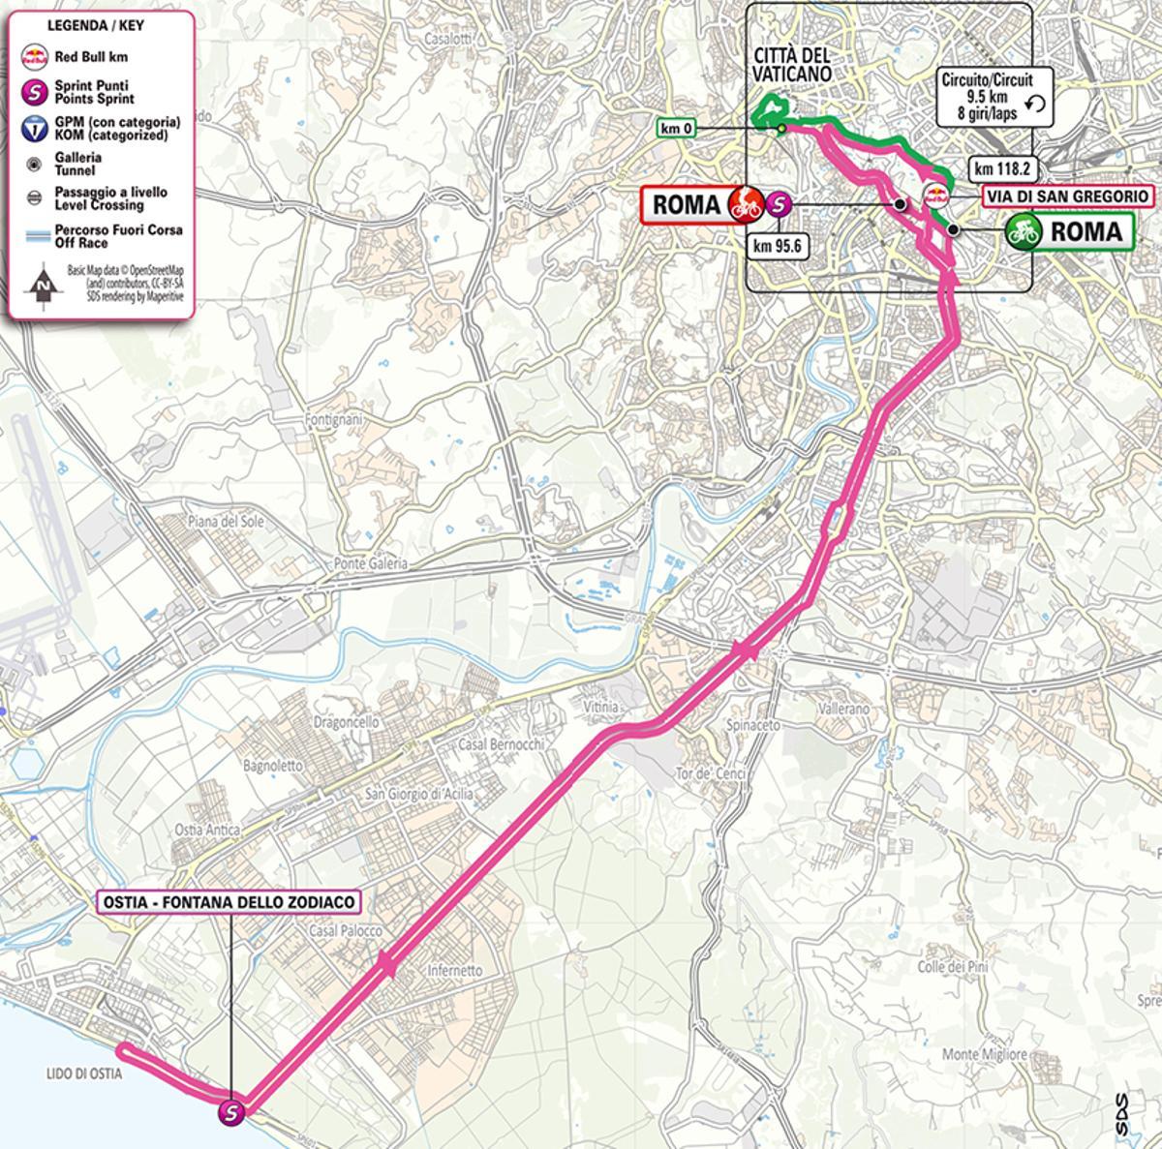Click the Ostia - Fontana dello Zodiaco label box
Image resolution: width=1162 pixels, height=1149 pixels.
click(x=229, y=902)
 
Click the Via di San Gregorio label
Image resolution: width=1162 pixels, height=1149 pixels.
click(x=1068, y=197)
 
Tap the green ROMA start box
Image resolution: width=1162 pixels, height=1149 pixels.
click(x=1068, y=231)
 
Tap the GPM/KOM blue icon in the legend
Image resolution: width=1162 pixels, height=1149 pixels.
click(x=36, y=129)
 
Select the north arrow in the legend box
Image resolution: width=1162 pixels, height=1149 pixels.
click(x=43, y=285)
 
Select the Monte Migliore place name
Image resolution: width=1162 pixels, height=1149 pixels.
click(x=985, y=1054)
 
